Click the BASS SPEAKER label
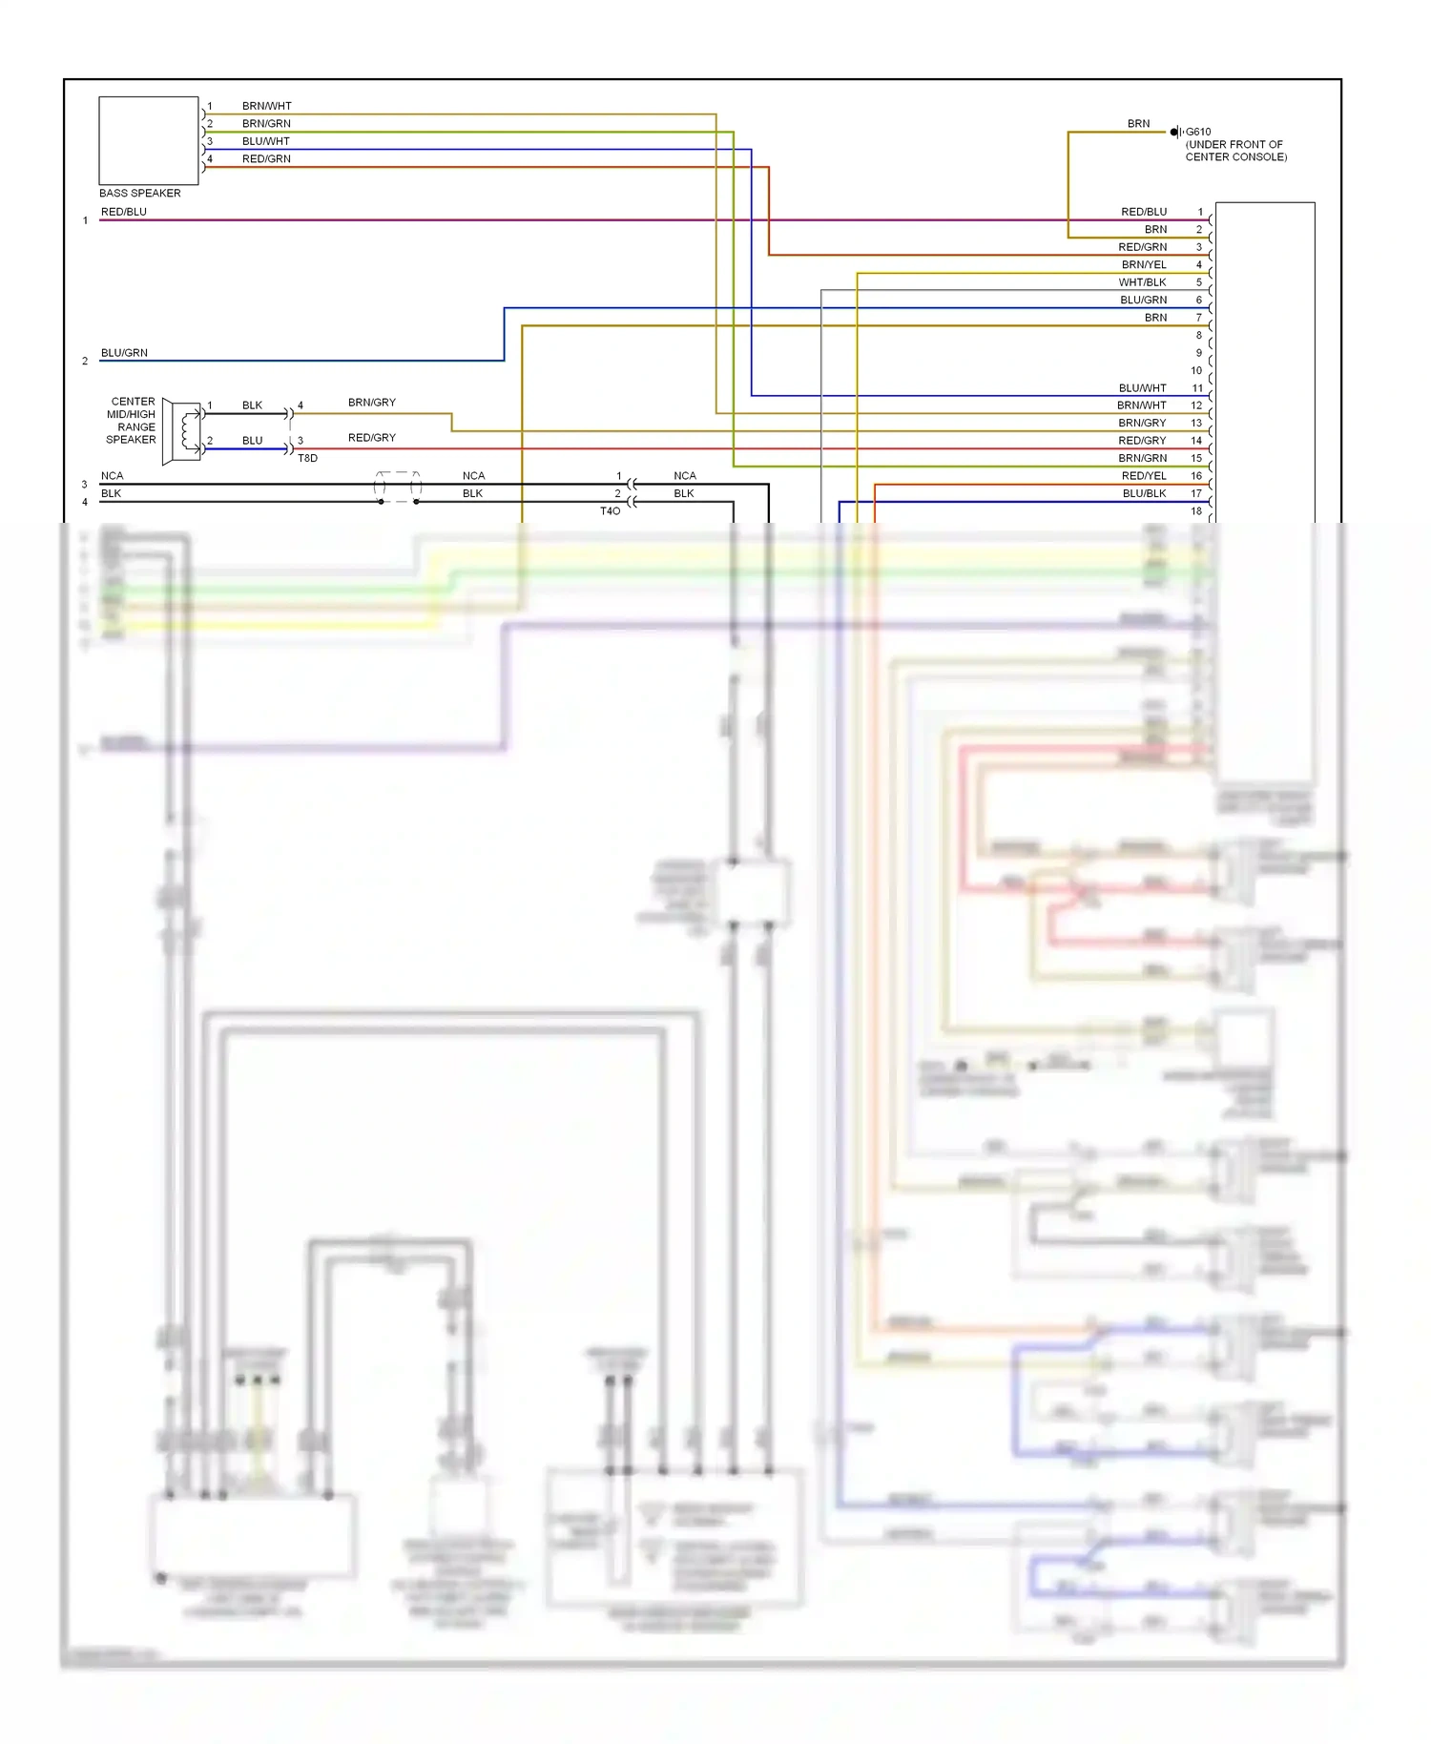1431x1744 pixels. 139,193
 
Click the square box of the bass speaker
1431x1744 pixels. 149,140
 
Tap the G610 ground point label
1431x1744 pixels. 1198,132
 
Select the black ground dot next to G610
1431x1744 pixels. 1173,132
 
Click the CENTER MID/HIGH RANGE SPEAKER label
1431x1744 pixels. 132,421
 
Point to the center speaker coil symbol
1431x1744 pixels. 187,431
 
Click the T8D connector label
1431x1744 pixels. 307,458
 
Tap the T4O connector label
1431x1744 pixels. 610,511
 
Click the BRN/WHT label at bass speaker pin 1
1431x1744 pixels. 267,106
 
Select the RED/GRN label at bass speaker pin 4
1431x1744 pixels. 266,158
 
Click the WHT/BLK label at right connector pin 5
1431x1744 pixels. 1142,282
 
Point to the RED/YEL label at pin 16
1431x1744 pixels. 1144,475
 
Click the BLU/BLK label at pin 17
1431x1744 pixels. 1144,493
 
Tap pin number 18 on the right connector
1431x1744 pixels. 1196,511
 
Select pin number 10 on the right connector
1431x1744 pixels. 1196,370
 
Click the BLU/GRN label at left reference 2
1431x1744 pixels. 124,353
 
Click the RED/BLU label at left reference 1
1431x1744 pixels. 124,212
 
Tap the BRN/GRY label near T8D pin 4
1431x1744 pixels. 371,403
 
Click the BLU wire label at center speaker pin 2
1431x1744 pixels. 252,441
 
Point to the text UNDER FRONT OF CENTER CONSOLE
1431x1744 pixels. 1235,151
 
